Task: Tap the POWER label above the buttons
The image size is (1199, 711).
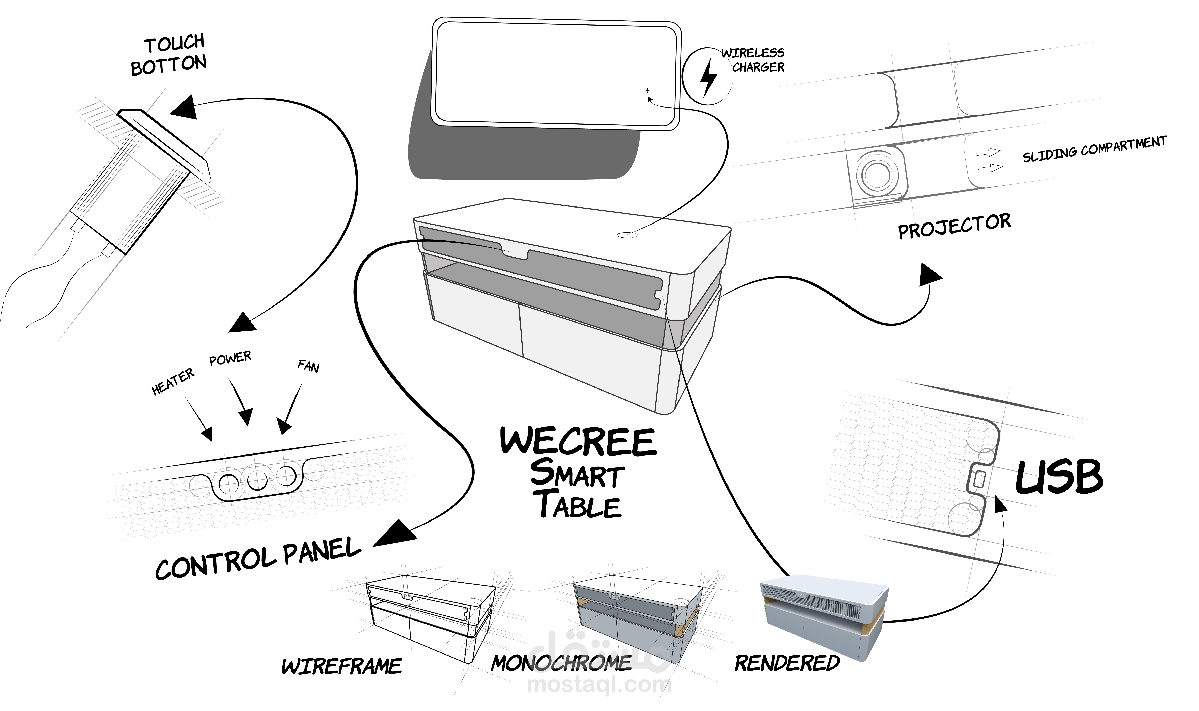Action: pos(230,358)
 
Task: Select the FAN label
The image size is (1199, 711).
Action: pos(308,366)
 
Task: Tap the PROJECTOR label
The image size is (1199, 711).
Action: pos(954,227)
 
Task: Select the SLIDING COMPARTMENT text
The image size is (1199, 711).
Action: pos(1094,149)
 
